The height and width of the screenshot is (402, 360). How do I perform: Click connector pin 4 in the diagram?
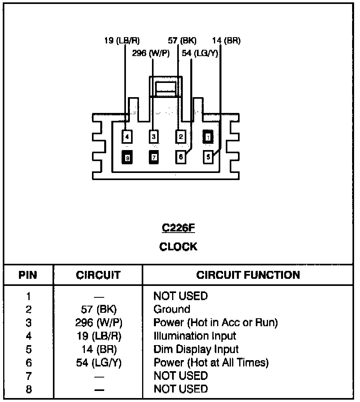(x=127, y=137)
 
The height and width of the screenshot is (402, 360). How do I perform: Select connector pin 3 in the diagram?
(x=154, y=137)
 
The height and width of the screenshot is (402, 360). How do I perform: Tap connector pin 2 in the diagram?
(x=180, y=137)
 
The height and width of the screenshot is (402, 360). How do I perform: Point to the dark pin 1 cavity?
(x=208, y=137)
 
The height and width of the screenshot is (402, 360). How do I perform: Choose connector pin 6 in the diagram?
(x=180, y=157)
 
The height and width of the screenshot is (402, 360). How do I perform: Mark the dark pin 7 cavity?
(x=154, y=158)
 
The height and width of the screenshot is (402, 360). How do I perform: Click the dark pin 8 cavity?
(x=127, y=158)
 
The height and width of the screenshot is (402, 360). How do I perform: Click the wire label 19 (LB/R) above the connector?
(x=122, y=41)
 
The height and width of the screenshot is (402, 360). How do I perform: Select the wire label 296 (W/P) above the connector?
(x=151, y=53)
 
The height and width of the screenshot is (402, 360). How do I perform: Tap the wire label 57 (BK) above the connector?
(x=182, y=41)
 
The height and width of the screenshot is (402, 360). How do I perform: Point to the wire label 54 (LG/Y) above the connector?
(x=200, y=53)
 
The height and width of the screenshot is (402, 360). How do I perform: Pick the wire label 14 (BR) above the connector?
(x=226, y=41)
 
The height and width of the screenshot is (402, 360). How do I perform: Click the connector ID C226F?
(x=178, y=228)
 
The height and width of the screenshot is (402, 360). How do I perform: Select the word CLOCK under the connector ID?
(x=178, y=247)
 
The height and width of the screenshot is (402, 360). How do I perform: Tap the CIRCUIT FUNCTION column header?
(x=248, y=275)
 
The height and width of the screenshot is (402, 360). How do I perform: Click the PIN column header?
(x=28, y=275)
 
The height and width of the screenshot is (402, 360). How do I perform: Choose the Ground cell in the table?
(x=172, y=309)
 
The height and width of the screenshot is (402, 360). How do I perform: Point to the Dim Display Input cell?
(x=196, y=349)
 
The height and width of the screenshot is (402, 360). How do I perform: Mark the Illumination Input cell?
(x=195, y=336)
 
